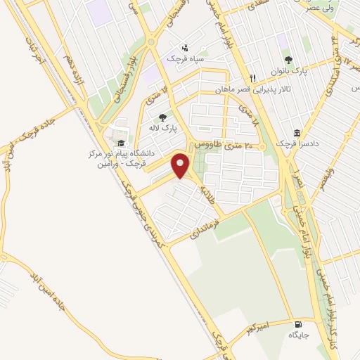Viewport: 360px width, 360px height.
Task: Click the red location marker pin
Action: click(181, 165)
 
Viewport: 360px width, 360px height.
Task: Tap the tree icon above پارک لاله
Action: click(163, 118)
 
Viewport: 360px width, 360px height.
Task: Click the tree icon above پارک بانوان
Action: click(288, 59)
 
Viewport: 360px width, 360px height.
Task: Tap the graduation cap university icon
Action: click(121, 143)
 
